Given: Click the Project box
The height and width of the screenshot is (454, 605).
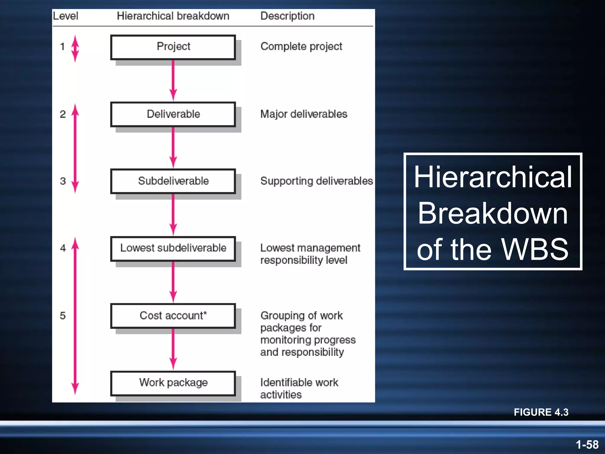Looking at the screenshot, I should tap(173, 47).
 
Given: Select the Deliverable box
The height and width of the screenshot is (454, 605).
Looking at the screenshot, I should tap(173, 114).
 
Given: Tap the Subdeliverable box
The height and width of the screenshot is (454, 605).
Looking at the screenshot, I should tap(173, 181).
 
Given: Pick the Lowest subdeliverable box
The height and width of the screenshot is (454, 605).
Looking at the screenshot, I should tap(173, 249).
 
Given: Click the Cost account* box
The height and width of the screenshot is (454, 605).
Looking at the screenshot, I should tap(173, 316).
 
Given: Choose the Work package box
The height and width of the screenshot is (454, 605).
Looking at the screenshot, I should tap(173, 383).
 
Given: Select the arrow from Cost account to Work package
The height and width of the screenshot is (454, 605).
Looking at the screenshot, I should tap(173, 349).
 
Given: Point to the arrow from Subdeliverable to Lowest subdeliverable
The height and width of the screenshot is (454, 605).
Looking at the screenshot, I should tap(173, 215).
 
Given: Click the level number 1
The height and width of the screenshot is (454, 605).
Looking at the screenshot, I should tap(62, 47).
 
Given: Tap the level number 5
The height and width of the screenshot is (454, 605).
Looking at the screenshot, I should tap(63, 316).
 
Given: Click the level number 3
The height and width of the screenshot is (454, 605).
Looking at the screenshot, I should tap(63, 181).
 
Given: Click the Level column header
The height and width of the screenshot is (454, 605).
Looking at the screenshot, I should tap(66, 16).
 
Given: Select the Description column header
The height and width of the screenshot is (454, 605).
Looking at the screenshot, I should tap(287, 16).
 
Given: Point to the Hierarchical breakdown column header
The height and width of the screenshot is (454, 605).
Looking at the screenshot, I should tap(173, 16).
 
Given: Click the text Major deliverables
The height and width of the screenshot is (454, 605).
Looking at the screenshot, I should tap(304, 114).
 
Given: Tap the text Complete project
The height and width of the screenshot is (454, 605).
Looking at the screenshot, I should tap(301, 46).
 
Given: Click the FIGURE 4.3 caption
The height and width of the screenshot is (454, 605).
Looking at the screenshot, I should tap(541, 412).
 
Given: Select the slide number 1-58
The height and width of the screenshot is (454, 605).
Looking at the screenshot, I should tap(587, 445).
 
